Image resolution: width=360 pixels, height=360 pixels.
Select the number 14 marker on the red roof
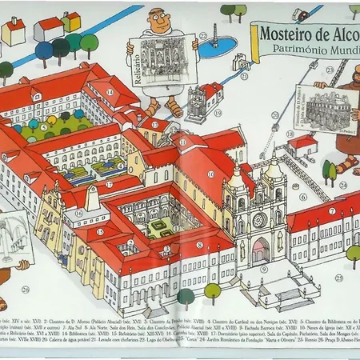tap(110, 92)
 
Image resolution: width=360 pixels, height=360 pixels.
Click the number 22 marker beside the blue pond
tap(203, 36)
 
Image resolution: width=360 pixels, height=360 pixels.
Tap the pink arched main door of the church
tap(261, 253)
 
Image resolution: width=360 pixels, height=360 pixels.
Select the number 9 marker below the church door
tap(263, 270)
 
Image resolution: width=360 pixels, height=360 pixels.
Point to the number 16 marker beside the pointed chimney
tap(78, 214)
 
